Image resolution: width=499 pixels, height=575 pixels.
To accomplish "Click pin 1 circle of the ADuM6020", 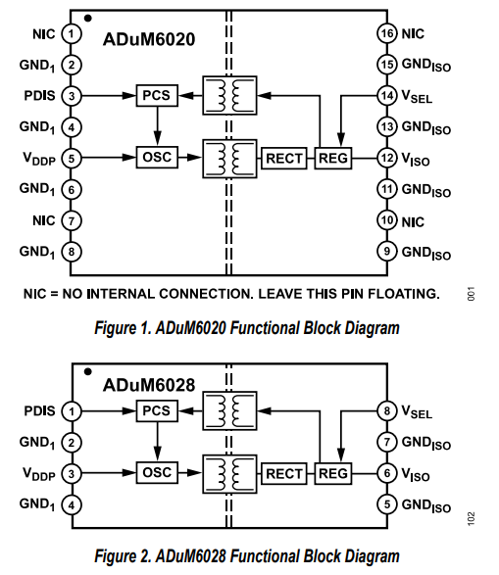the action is click(72, 33).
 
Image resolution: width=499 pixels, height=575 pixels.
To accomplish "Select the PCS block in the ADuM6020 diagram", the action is click(157, 96).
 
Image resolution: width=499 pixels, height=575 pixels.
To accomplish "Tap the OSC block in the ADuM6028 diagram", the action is click(157, 472).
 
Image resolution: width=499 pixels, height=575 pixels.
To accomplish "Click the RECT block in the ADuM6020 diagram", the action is click(284, 158).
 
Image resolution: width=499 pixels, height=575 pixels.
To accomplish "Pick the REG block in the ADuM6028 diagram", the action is click(333, 473).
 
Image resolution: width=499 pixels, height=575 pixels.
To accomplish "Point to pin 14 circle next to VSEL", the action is click(387, 96).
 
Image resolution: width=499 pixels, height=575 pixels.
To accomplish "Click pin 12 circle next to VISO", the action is click(387, 158).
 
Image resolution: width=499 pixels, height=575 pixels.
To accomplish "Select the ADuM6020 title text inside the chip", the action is click(149, 39).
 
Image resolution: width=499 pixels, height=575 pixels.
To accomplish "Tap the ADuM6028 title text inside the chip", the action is click(149, 385).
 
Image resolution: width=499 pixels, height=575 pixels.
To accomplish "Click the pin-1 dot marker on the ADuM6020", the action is click(88, 18).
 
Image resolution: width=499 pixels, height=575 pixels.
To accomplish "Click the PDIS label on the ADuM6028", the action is click(39, 411).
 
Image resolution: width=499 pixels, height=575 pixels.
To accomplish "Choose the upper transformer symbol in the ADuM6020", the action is click(229, 96).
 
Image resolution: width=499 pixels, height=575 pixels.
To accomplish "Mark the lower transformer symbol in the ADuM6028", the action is click(229, 474).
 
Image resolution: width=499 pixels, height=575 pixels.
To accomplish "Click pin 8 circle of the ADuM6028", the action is click(387, 411).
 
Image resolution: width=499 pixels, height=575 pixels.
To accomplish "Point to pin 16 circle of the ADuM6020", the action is click(387, 33).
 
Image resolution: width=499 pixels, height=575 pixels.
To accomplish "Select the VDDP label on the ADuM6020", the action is click(39, 159).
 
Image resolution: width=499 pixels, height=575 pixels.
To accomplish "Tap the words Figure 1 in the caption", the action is click(123, 328).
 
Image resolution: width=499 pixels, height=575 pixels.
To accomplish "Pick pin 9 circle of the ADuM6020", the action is click(387, 252).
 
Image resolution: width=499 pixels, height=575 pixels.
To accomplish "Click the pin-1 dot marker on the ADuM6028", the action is click(88, 372).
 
